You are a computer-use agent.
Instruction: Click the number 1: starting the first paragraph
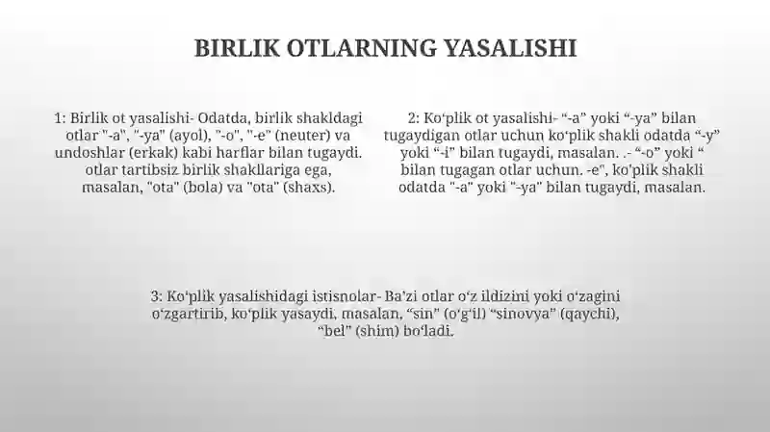[x=60, y=118]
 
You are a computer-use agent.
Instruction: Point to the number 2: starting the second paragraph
[x=414, y=118]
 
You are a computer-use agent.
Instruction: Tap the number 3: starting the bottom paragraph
[x=156, y=296]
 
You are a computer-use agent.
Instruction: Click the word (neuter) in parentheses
[x=303, y=136]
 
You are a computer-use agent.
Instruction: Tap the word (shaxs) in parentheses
[x=309, y=188]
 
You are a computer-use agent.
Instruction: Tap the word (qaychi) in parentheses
[x=590, y=315]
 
